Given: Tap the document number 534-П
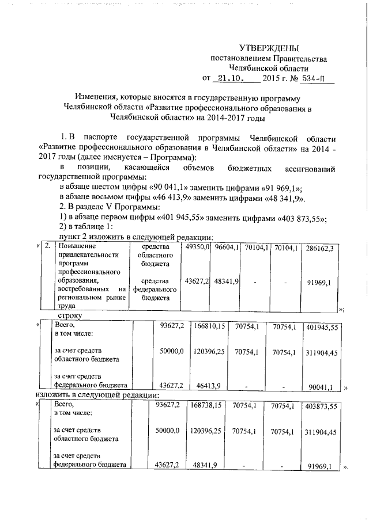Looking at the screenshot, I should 318,79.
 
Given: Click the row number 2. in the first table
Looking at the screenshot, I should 47,246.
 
